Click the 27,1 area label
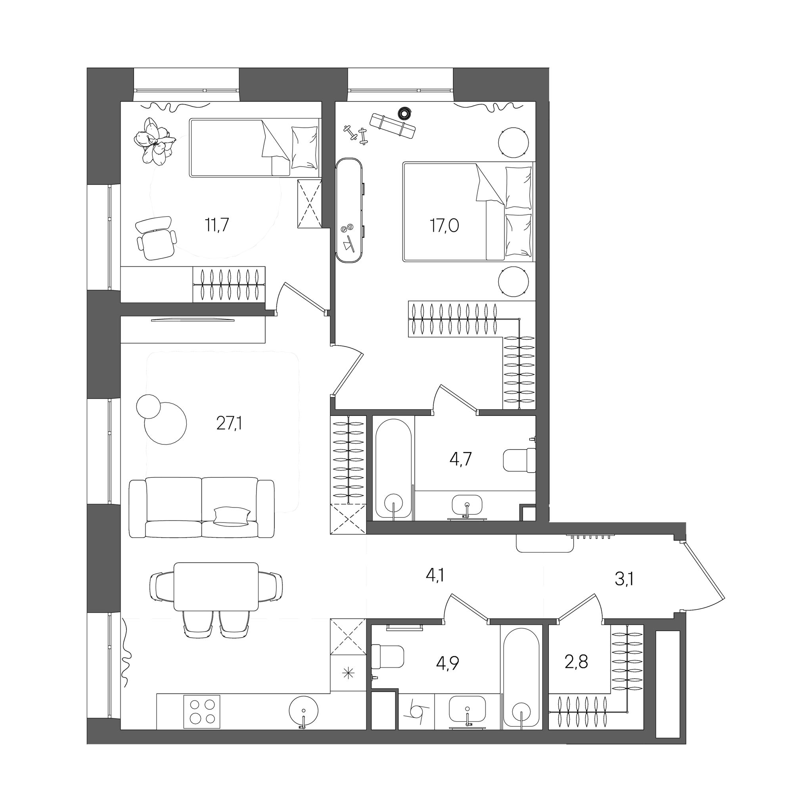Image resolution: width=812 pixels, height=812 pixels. coord(230,424)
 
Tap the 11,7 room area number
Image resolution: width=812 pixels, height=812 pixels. coord(217,225)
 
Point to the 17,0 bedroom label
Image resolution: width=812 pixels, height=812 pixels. coord(444,226)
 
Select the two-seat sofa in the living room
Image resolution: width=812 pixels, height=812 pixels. coord(202,508)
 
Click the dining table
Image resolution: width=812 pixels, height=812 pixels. coord(216,587)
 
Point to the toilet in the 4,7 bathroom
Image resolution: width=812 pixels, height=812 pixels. coord(519,460)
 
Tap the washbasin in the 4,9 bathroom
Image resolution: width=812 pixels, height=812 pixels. coord(467,709)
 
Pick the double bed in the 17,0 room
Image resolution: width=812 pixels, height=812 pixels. coord(468,212)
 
